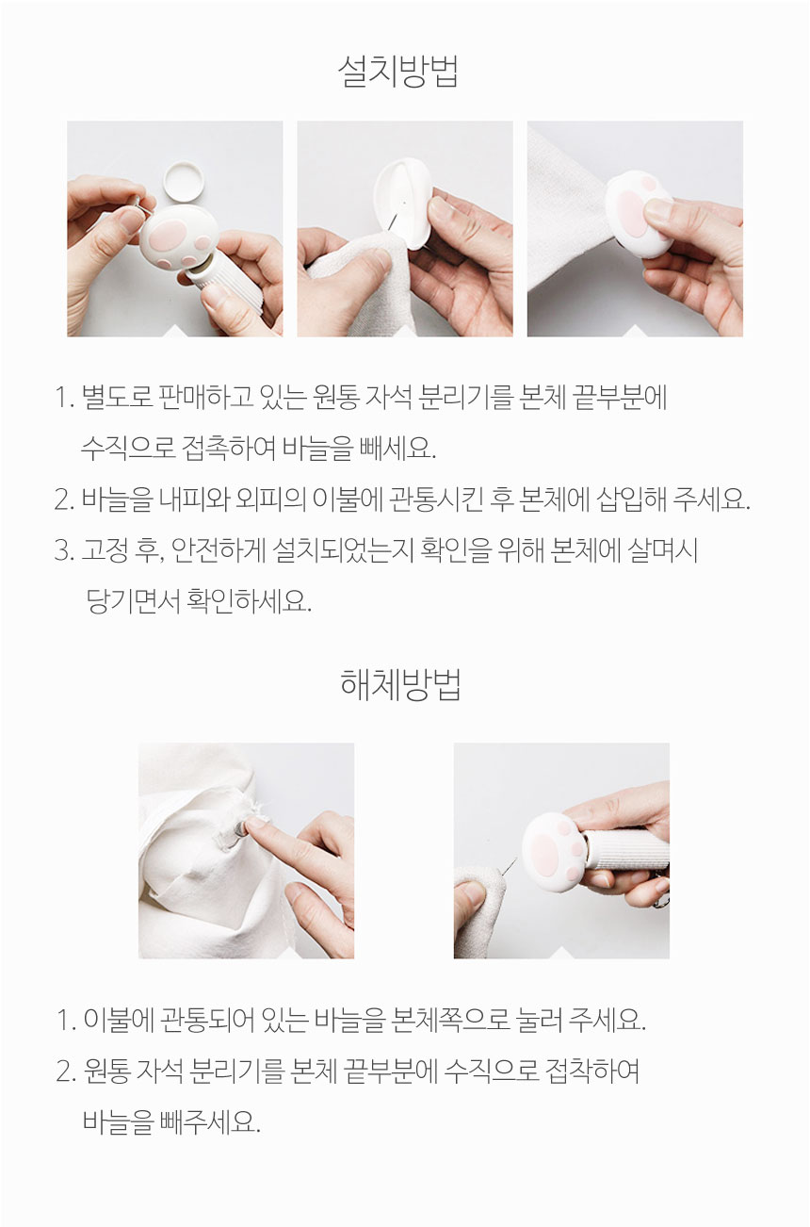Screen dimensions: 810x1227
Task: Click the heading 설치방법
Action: [398, 72]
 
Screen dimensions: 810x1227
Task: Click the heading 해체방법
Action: [400, 685]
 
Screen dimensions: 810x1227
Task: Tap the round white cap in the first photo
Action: [184, 180]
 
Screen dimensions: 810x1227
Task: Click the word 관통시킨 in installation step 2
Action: [436, 499]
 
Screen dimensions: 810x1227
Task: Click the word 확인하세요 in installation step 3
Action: [249, 601]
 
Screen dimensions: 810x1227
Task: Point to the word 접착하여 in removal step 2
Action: [592, 1071]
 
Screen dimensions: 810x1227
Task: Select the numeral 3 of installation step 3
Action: [62, 551]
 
